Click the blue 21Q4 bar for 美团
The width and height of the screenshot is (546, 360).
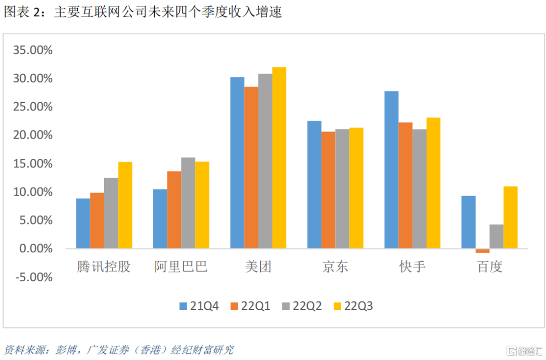pyautogui.click(x=237, y=163)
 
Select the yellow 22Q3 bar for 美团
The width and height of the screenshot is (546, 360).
pyautogui.click(x=279, y=158)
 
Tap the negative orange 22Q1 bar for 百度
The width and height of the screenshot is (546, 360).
pyautogui.click(x=482, y=251)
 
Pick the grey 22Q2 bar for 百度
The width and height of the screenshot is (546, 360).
pyautogui.click(x=496, y=237)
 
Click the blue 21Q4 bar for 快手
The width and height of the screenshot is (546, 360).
pyautogui.click(x=391, y=170)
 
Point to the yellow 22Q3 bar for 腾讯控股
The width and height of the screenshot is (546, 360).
pyautogui.click(x=125, y=205)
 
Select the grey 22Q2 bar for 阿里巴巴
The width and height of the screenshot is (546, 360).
pyautogui.click(x=188, y=203)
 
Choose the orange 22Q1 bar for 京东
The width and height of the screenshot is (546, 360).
pyautogui.click(x=328, y=190)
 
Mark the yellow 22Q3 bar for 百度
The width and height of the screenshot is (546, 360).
pyautogui.click(x=511, y=217)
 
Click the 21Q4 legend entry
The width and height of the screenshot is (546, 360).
pyautogui.click(x=199, y=305)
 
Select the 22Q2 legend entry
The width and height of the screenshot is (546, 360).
pyautogui.click(x=302, y=305)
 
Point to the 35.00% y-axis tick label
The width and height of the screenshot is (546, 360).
pyautogui.click(x=33, y=50)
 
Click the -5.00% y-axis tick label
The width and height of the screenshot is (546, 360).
pyautogui.click(x=33, y=277)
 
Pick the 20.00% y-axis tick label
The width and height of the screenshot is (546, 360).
pyautogui.click(x=33, y=135)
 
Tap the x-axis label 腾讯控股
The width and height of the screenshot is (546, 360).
pyautogui.click(x=104, y=266)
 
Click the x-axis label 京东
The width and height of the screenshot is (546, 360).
pyautogui.click(x=335, y=266)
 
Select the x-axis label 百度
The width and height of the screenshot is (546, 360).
pyautogui.click(x=489, y=266)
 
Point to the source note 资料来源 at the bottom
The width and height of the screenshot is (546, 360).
pyautogui.click(x=119, y=349)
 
